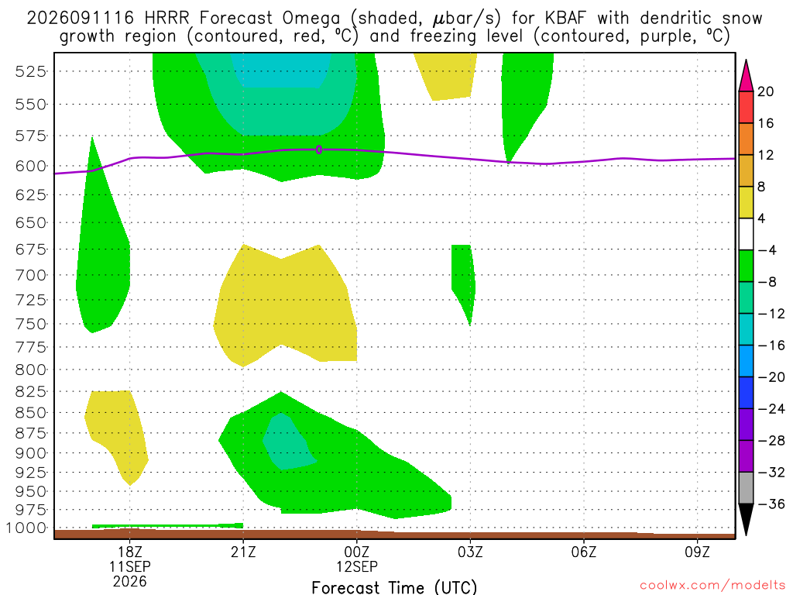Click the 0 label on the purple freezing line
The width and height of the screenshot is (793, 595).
point(318,150)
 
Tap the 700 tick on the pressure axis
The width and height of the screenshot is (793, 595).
point(31,276)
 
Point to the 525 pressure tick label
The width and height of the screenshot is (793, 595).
point(31,71)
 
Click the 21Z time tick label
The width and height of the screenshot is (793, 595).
point(243,552)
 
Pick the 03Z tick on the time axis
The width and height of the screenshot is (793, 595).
point(470,552)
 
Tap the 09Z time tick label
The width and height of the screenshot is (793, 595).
point(698,552)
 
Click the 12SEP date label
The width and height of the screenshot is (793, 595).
point(357,566)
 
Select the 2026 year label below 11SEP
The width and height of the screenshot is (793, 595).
point(130,582)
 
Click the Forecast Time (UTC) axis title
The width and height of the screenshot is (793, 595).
point(394,587)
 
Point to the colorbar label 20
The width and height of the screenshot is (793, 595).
point(766,91)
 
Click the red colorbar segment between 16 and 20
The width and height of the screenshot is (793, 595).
point(746,107)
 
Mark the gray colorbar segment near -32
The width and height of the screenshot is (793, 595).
point(746,488)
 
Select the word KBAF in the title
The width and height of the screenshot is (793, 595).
point(566,19)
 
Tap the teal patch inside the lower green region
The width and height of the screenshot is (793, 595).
point(289,441)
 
